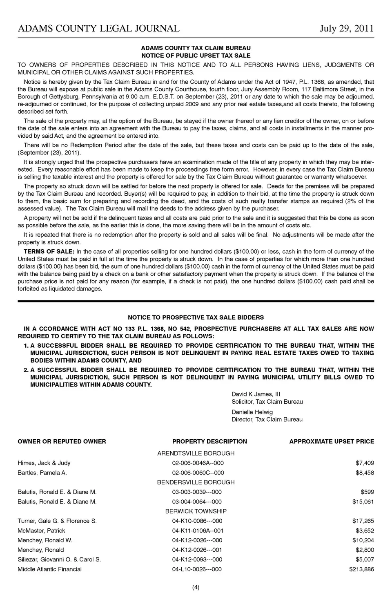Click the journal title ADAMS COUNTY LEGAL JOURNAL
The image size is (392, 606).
click(98, 28)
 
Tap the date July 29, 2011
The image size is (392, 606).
click(347, 28)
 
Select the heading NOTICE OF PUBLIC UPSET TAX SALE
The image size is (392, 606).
click(196, 56)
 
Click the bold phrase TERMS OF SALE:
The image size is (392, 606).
click(49, 251)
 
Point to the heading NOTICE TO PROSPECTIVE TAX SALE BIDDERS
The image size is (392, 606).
click(196, 317)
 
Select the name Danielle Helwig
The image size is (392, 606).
click(252, 412)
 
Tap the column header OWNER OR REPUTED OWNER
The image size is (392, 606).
click(62, 441)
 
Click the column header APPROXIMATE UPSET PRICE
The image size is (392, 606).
click(332, 441)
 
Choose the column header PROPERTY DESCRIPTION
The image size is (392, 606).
click(209, 441)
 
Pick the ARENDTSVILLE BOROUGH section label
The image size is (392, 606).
click(196, 453)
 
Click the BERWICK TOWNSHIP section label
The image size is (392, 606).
click(196, 511)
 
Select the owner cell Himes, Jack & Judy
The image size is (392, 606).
click(44, 463)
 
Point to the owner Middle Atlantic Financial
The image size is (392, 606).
click(49, 569)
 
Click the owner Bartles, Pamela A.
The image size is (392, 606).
click(42, 473)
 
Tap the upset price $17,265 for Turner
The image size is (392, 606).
click(363, 521)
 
